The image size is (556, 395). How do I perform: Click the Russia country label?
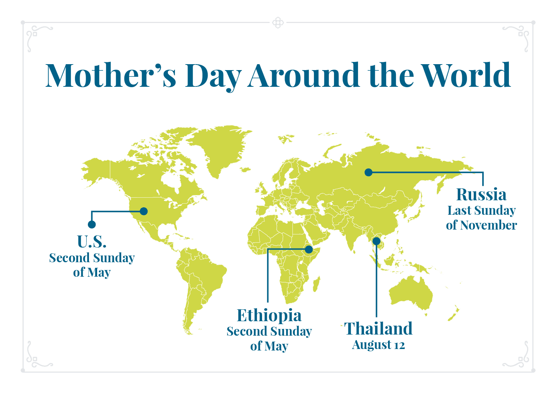coord(481,194)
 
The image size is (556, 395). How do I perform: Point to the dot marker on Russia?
coord(368,172)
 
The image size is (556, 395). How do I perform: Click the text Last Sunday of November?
coord(481,218)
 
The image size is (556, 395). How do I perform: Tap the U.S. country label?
coord(92,241)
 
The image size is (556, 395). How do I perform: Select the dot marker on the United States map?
coord(144,211)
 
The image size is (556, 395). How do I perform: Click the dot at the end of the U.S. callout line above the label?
coord(92,224)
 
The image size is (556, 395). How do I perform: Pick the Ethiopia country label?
coord(269,315)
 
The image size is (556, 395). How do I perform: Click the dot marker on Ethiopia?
coord(309,250)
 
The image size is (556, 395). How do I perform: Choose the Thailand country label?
coord(378,329)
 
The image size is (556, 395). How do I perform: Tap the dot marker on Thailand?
coord(377,241)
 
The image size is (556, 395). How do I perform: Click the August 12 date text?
coord(378,345)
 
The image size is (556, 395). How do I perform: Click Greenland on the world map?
coord(219,148)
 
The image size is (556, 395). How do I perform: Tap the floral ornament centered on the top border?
coord(278,23)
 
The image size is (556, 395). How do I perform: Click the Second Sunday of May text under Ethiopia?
coord(269,338)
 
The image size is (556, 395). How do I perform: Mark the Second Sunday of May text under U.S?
coord(92,265)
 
